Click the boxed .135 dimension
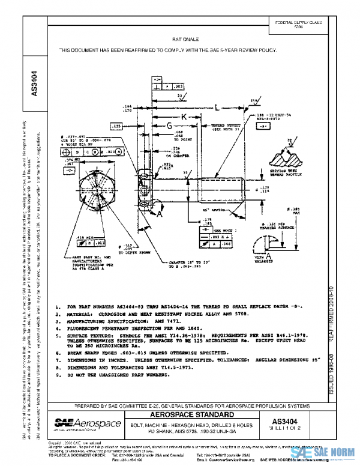pos(116,127)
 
